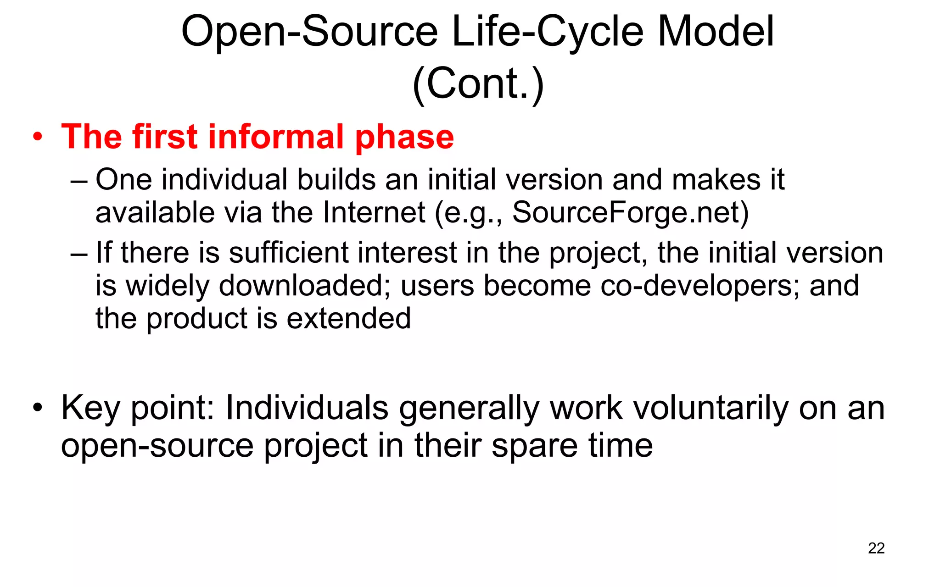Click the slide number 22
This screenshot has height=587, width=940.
pyautogui.click(x=876, y=548)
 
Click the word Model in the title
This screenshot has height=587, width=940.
pyautogui.click(x=716, y=32)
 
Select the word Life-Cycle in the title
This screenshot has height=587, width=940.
pyautogui.click(x=548, y=32)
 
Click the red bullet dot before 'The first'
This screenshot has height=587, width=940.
pyautogui.click(x=38, y=137)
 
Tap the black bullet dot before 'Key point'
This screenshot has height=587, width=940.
pyautogui.click(x=38, y=408)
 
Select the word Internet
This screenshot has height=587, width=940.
pyautogui.click(x=374, y=213)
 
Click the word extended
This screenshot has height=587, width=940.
pyautogui.click(x=348, y=318)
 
